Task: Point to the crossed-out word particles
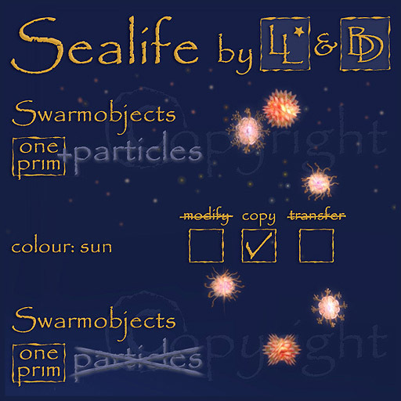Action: pyautogui.click(x=135, y=359)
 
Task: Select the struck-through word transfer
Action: pyautogui.click(x=317, y=216)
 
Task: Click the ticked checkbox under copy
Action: pyautogui.click(x=259, y=248)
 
